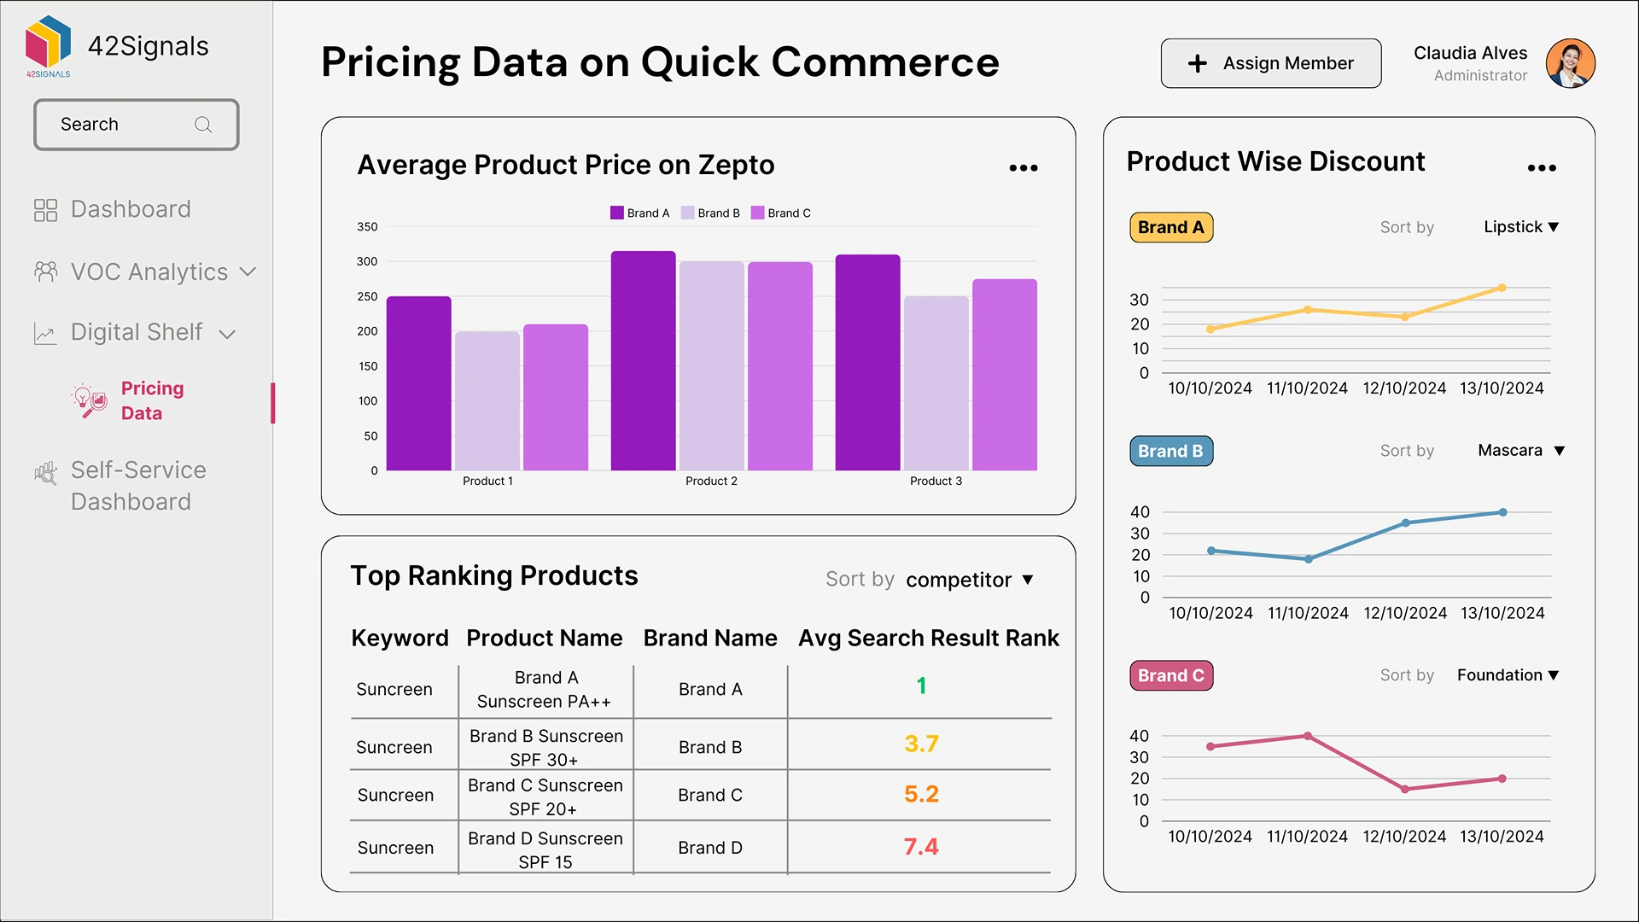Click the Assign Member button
(1270, 63)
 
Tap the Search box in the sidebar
(136, 125)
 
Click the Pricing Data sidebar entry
(152, 400)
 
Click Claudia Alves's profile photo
(1570, 63)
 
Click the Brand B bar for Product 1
(487, 401)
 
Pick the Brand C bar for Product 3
(1004, 375)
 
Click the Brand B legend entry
(710, 213)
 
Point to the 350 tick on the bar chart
(367, 227)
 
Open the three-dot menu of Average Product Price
(1023, 168)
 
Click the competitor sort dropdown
(969, 581)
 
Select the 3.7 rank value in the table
(921, 744)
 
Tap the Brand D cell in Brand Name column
(709, 848)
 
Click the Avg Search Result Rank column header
(928, 639)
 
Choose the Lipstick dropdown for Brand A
(1520, 227)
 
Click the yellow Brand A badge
(1170, 228)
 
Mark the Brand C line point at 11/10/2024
(1307, 736)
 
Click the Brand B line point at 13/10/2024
(1502, 512)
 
